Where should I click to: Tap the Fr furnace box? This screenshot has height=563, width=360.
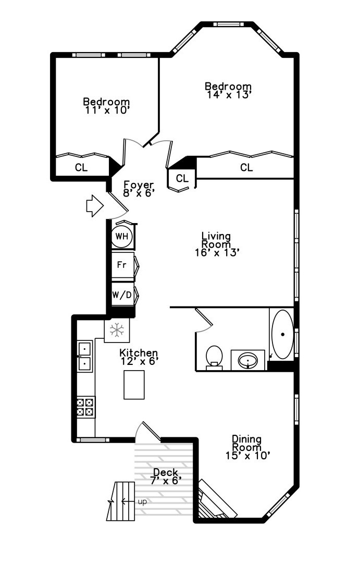[122, 265]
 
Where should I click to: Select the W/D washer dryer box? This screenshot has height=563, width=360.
[122, 295]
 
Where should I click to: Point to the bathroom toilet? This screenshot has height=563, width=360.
[214, 357]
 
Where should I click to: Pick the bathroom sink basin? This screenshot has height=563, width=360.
[249, 360]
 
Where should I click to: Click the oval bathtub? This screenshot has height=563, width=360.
[282, 334]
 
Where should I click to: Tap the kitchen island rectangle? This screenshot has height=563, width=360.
[134, 384]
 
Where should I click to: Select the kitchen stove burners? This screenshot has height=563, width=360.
[85, 407]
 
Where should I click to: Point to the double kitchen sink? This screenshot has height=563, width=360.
[84, 356]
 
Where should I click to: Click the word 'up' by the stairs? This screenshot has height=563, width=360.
[142, 501]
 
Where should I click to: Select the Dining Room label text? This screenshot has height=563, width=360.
[246, 443]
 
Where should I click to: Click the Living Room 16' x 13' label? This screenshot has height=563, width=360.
[216, 244]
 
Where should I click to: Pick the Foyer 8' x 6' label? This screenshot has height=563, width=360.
[139, 188]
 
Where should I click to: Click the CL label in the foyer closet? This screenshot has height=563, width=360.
[182, 178]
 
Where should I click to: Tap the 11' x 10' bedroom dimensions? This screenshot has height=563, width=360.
[106, 110]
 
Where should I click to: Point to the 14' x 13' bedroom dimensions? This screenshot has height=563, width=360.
[228, 95]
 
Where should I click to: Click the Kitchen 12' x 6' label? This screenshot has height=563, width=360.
[139, 357]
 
